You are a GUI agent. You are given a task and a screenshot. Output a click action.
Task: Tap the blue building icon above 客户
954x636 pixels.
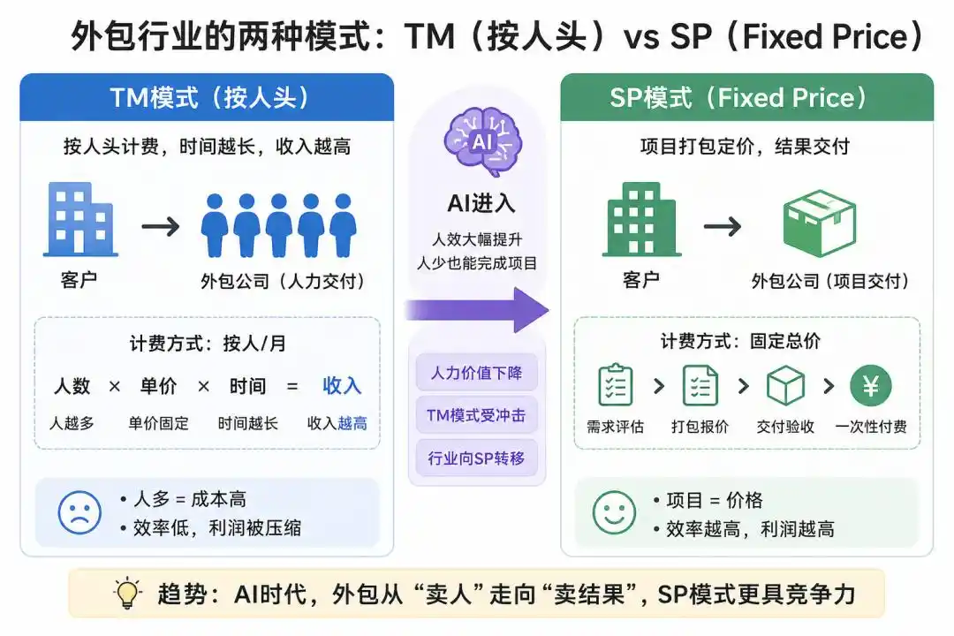pyautogui.click(x=80, y=219)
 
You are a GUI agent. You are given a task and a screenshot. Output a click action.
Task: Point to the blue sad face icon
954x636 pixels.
pyautogui.click(x=79, y=511)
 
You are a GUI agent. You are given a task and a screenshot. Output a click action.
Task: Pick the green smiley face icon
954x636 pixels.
pyautogui.click(x=614, y=512)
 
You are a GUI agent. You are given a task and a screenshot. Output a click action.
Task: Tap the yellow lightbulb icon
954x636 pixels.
pyautogui.click(x=128, y=593)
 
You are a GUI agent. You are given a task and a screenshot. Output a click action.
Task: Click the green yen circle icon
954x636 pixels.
pyautogui.click(x=870, y=386)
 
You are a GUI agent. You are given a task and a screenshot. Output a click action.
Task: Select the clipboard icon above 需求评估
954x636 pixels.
pyautogui.click(x=615, y=385)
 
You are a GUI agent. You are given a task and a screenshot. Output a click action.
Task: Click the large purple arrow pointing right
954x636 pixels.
pyautogui.click(x=477, y=309)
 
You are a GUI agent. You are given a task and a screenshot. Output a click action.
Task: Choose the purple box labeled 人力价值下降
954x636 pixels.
pyautogui.click(x=476, y=373)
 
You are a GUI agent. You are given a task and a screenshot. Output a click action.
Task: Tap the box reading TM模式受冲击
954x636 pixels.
pyautogui.click(x=476, y=415)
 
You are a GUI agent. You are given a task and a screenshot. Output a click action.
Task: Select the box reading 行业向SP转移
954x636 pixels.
pyautogui.click(x=476, y=458)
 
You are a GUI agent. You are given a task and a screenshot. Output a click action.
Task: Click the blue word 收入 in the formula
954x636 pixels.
pyautogui.click(x=342, y=385)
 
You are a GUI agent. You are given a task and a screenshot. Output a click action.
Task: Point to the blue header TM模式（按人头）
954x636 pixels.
pyautogui.click(x=208, y=97)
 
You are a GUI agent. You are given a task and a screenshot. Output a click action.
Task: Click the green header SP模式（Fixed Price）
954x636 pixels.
pyautogui.click(x=746, y=97)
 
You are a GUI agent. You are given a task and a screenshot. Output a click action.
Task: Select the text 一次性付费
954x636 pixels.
pyautogui.click(x=871, y=427)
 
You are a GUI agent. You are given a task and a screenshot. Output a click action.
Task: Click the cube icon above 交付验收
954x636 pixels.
pyautogui.click(x=785, y=386)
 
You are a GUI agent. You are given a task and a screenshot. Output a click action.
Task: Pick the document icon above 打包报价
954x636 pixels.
pyautogui.click(x=700, y=386)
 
